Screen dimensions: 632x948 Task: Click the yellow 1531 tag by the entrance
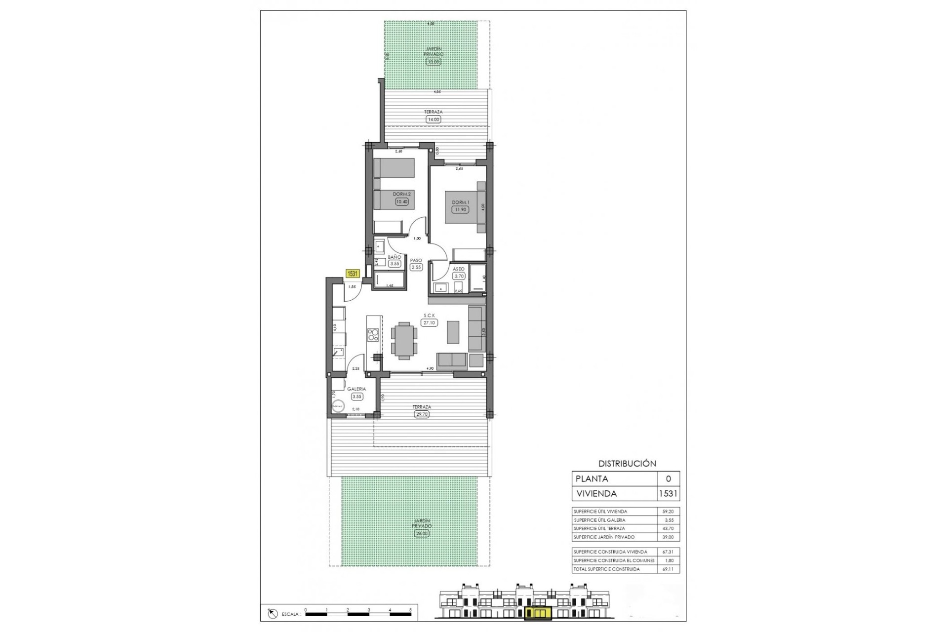[353, 274]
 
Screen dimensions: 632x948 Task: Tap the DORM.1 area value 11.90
[460, 209]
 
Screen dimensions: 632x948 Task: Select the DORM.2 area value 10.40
[402, 201]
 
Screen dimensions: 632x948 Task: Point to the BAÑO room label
[394, 257]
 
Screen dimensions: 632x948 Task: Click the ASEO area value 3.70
[459, 276]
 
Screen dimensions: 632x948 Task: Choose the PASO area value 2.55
[416, 267]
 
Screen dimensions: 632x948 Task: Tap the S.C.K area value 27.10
[429, 322]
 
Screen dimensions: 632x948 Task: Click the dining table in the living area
[404, 339]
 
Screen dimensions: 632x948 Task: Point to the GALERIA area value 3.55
[356, 396]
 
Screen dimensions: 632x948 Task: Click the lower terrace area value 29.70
[422, 414]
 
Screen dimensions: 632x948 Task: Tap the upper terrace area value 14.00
[433, 119]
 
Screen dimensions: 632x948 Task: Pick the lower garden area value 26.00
[421, 533]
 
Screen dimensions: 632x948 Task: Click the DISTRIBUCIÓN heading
[627, 464]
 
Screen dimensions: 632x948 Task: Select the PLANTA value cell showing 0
[669, 478]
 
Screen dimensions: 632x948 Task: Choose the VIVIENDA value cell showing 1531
[669, 493]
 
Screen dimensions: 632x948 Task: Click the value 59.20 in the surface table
[668, 512]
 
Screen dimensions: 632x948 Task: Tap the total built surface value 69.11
[668, 569]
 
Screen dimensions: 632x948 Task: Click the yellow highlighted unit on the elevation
[537, 613]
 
